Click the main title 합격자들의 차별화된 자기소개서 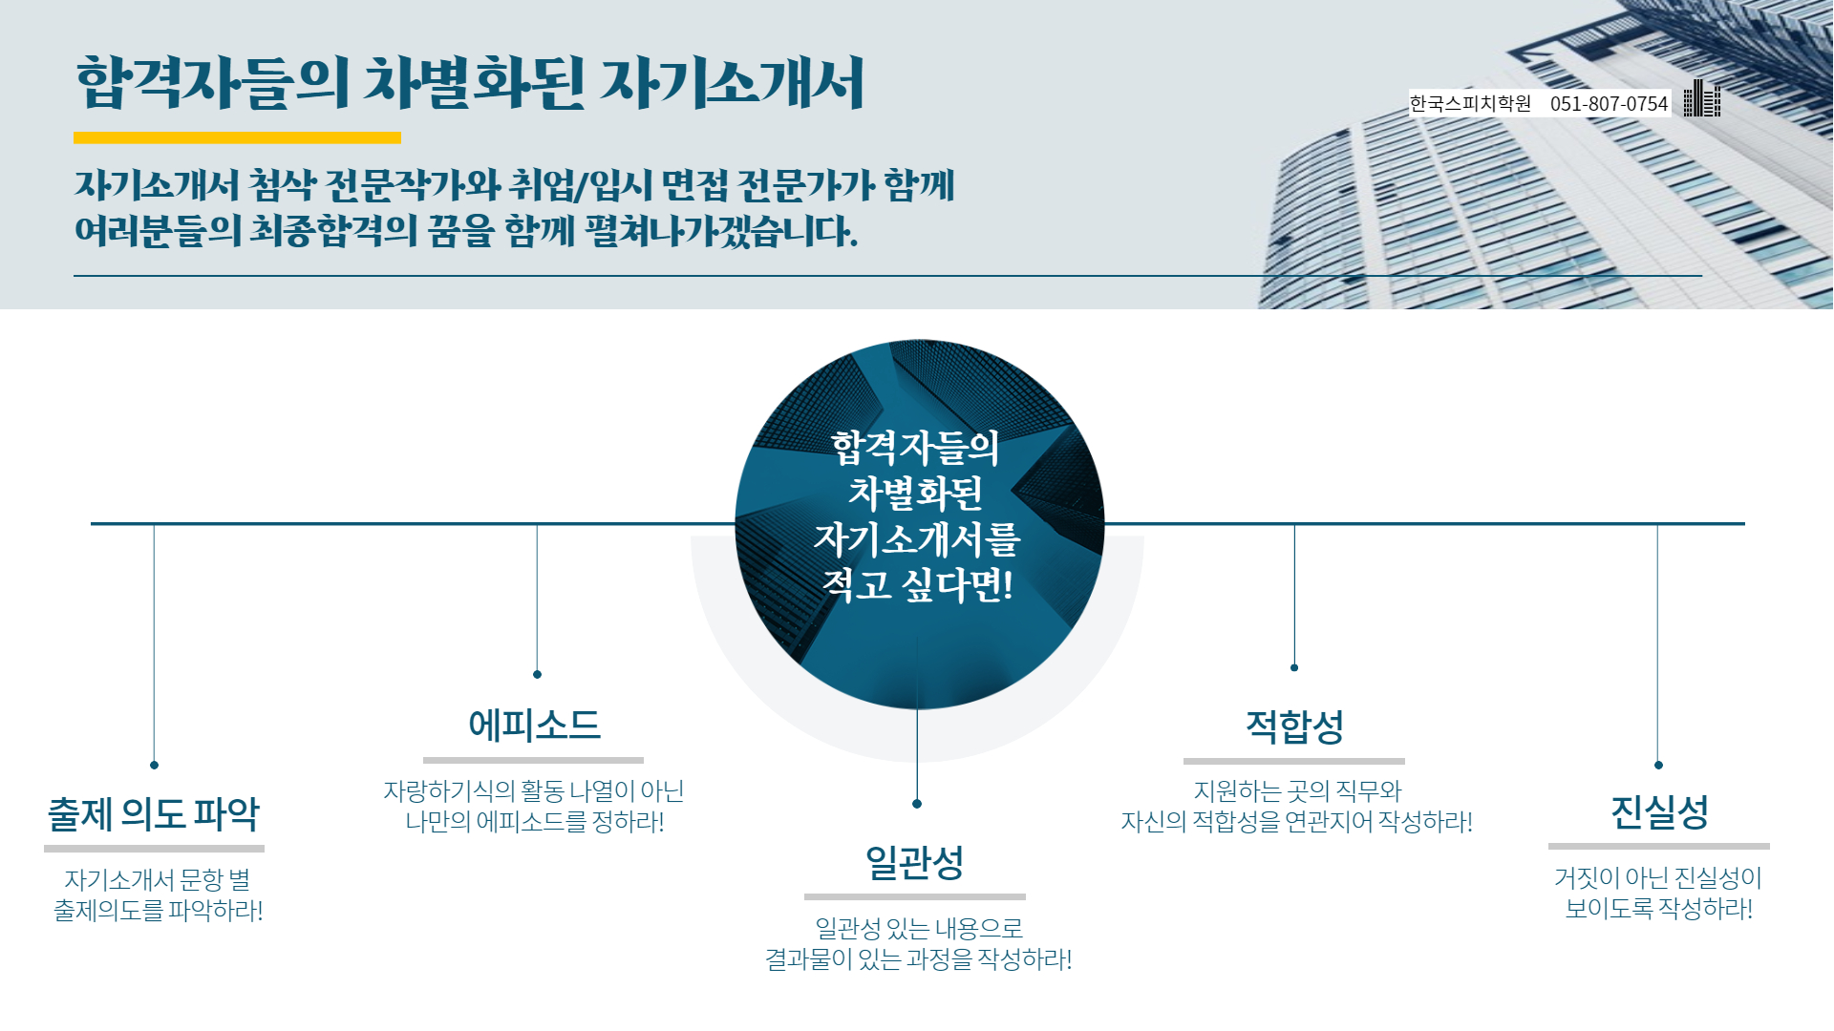470,82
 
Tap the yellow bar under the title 237,137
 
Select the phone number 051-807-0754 1609,103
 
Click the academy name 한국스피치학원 1470,103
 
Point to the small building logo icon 1701,98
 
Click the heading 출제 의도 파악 154,814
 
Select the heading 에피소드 534,726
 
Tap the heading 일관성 914,863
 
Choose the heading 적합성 1294,726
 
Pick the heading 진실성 1659,812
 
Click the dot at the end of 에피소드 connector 537,674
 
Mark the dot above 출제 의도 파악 154,765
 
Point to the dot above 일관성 917,804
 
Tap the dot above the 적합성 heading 1294,667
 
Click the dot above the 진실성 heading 1658,765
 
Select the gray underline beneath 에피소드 533,761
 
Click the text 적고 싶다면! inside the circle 917,584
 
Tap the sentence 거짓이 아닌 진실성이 1658,877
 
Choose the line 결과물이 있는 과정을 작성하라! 918,958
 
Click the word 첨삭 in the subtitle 283,185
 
